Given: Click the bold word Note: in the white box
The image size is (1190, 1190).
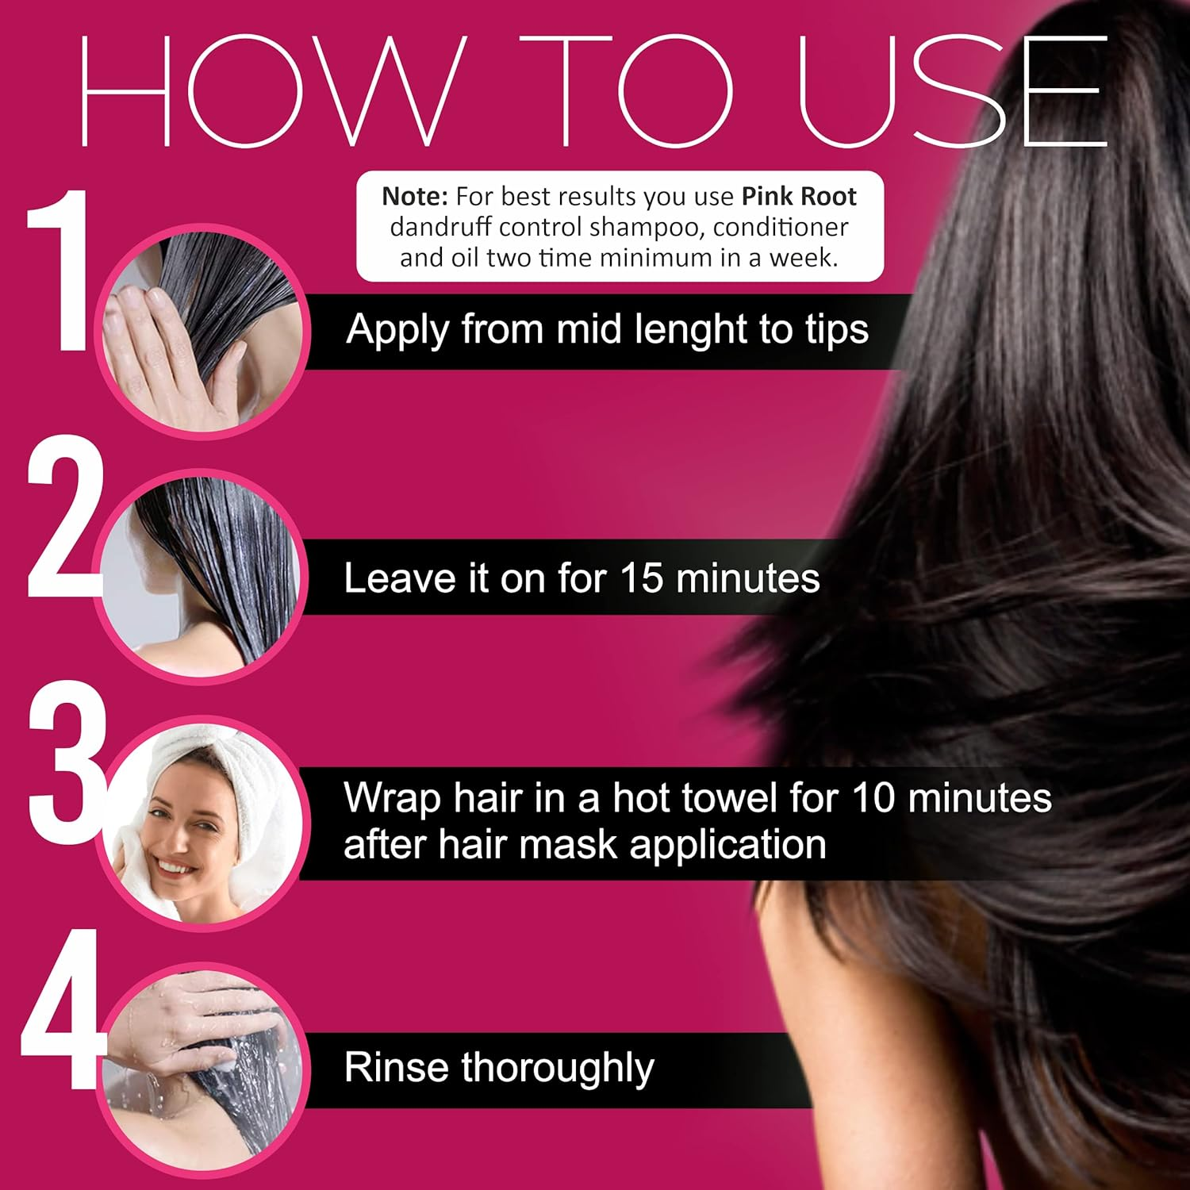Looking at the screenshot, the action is click(415, 197).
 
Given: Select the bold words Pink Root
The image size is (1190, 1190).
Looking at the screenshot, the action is click(799, 197).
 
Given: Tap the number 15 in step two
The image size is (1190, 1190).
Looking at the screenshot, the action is click(641, 578).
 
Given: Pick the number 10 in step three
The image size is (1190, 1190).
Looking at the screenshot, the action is click(873, 798).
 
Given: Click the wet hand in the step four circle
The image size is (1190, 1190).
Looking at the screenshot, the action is click(190, 1019).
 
